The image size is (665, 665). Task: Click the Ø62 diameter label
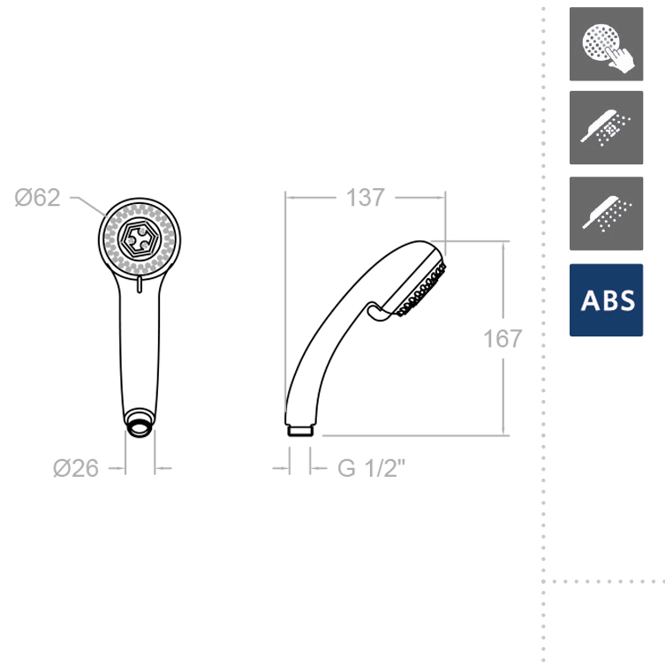(37, 198)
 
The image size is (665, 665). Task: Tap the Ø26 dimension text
(76, 468)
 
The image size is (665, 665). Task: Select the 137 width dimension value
(365, 198)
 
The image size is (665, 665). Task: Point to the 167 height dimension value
(503, 338)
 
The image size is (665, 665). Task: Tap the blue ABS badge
(606, 299)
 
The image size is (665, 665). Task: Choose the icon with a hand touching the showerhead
(606, 44)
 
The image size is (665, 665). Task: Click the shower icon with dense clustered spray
(606, 128)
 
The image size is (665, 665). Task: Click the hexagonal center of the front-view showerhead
(139, 238)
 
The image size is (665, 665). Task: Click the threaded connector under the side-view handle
(300, 430)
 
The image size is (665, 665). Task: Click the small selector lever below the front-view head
(139, 282)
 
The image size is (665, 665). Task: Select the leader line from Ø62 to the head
(88, 205)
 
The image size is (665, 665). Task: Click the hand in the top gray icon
(621, 58)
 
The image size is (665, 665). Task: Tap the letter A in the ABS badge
(589, 300)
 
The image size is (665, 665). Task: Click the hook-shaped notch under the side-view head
(377, 311)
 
